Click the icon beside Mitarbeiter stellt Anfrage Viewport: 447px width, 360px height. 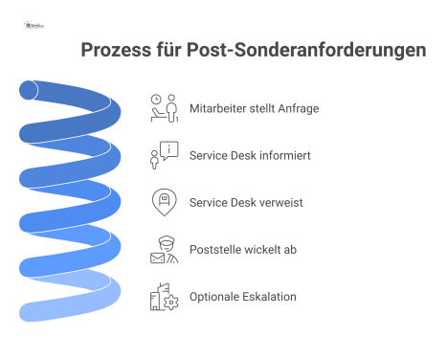coord(165,108)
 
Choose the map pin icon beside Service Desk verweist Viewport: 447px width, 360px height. coord(165,203)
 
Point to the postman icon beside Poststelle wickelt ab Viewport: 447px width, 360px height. coord(165,250)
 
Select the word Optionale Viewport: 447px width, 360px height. coord(214,297)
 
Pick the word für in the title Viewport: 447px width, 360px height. coord(178,50)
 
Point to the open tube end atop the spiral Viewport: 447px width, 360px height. coord(30,91)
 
